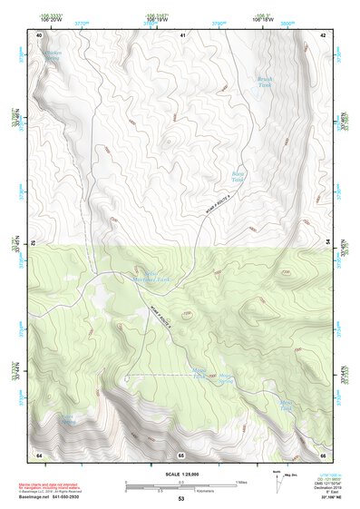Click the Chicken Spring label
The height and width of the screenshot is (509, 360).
(x=52, y=56)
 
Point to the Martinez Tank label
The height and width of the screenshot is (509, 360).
(x=152, y=277)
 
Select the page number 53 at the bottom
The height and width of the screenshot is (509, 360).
(x=180, y=498)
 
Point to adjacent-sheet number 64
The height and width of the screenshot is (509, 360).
(x=39, y=454)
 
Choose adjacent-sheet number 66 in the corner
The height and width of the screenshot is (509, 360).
(x=322, y=454)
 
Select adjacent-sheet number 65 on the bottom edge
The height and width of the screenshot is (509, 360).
(x=181, y=454)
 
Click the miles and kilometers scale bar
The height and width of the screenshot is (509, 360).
(x=180, y=483)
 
